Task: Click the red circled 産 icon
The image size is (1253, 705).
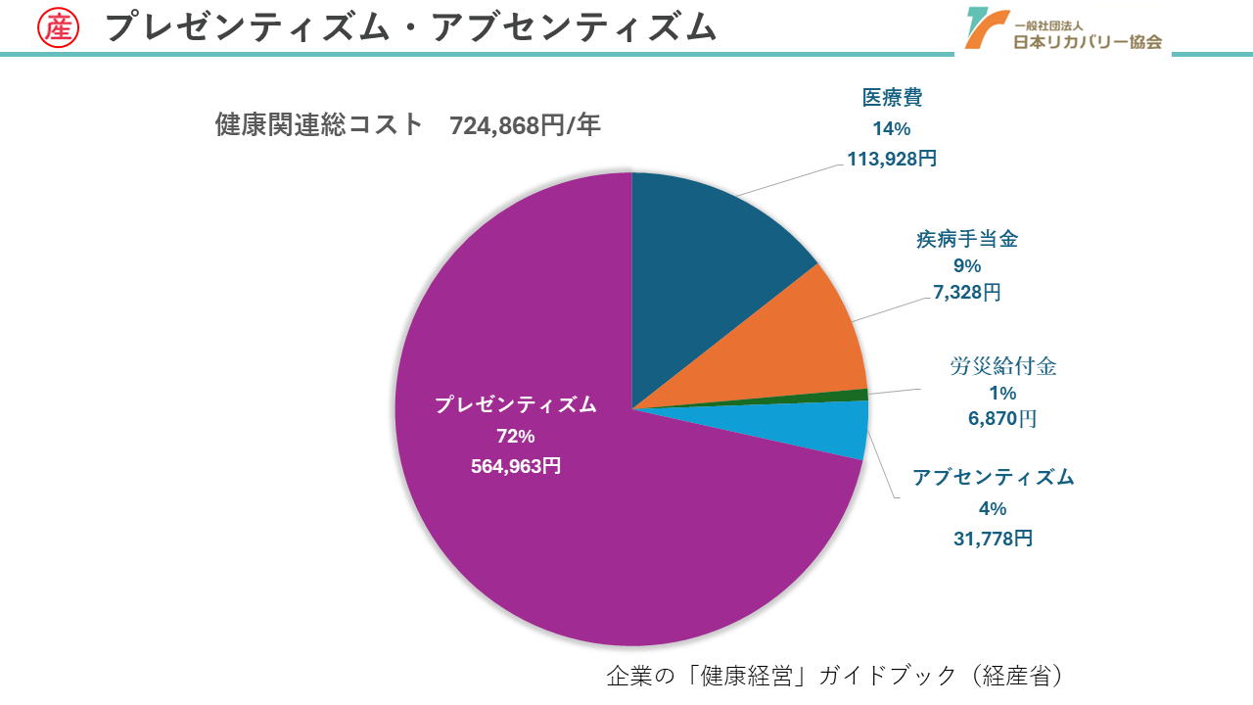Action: [x=59, y=27]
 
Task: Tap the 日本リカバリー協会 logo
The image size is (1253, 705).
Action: [x=1062, y=29]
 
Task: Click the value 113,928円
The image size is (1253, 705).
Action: [x=892, y=159]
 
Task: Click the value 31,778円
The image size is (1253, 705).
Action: [x=993, y=539]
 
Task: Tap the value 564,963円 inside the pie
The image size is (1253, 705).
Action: [x=516, y=466]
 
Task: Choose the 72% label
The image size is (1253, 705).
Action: [x=516, y=436]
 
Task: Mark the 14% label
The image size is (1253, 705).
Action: [x=892, y=128]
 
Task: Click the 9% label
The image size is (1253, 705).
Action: [x=966, y=265]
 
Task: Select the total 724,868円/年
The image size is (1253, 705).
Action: [x=525, y=125]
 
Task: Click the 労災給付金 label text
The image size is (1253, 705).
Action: [x=1003, y=367]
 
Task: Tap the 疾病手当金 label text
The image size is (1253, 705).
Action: [x=966, y=239]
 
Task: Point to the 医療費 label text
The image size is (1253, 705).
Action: [x=892, y=98]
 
